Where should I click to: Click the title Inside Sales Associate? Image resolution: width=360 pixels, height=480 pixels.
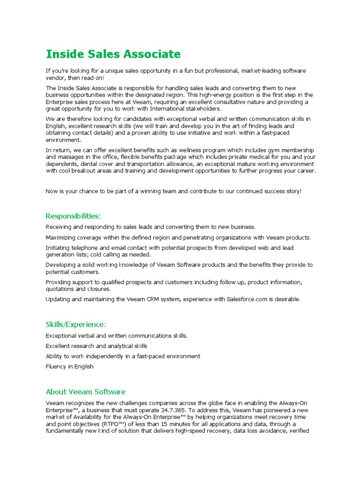[x=113, y=54]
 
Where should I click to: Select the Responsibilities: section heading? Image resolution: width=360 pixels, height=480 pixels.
[x=73, y=216]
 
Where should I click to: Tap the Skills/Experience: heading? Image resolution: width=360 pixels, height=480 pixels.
[x=76, y=324]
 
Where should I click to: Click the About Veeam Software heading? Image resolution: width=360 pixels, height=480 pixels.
[x=85, y=392]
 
